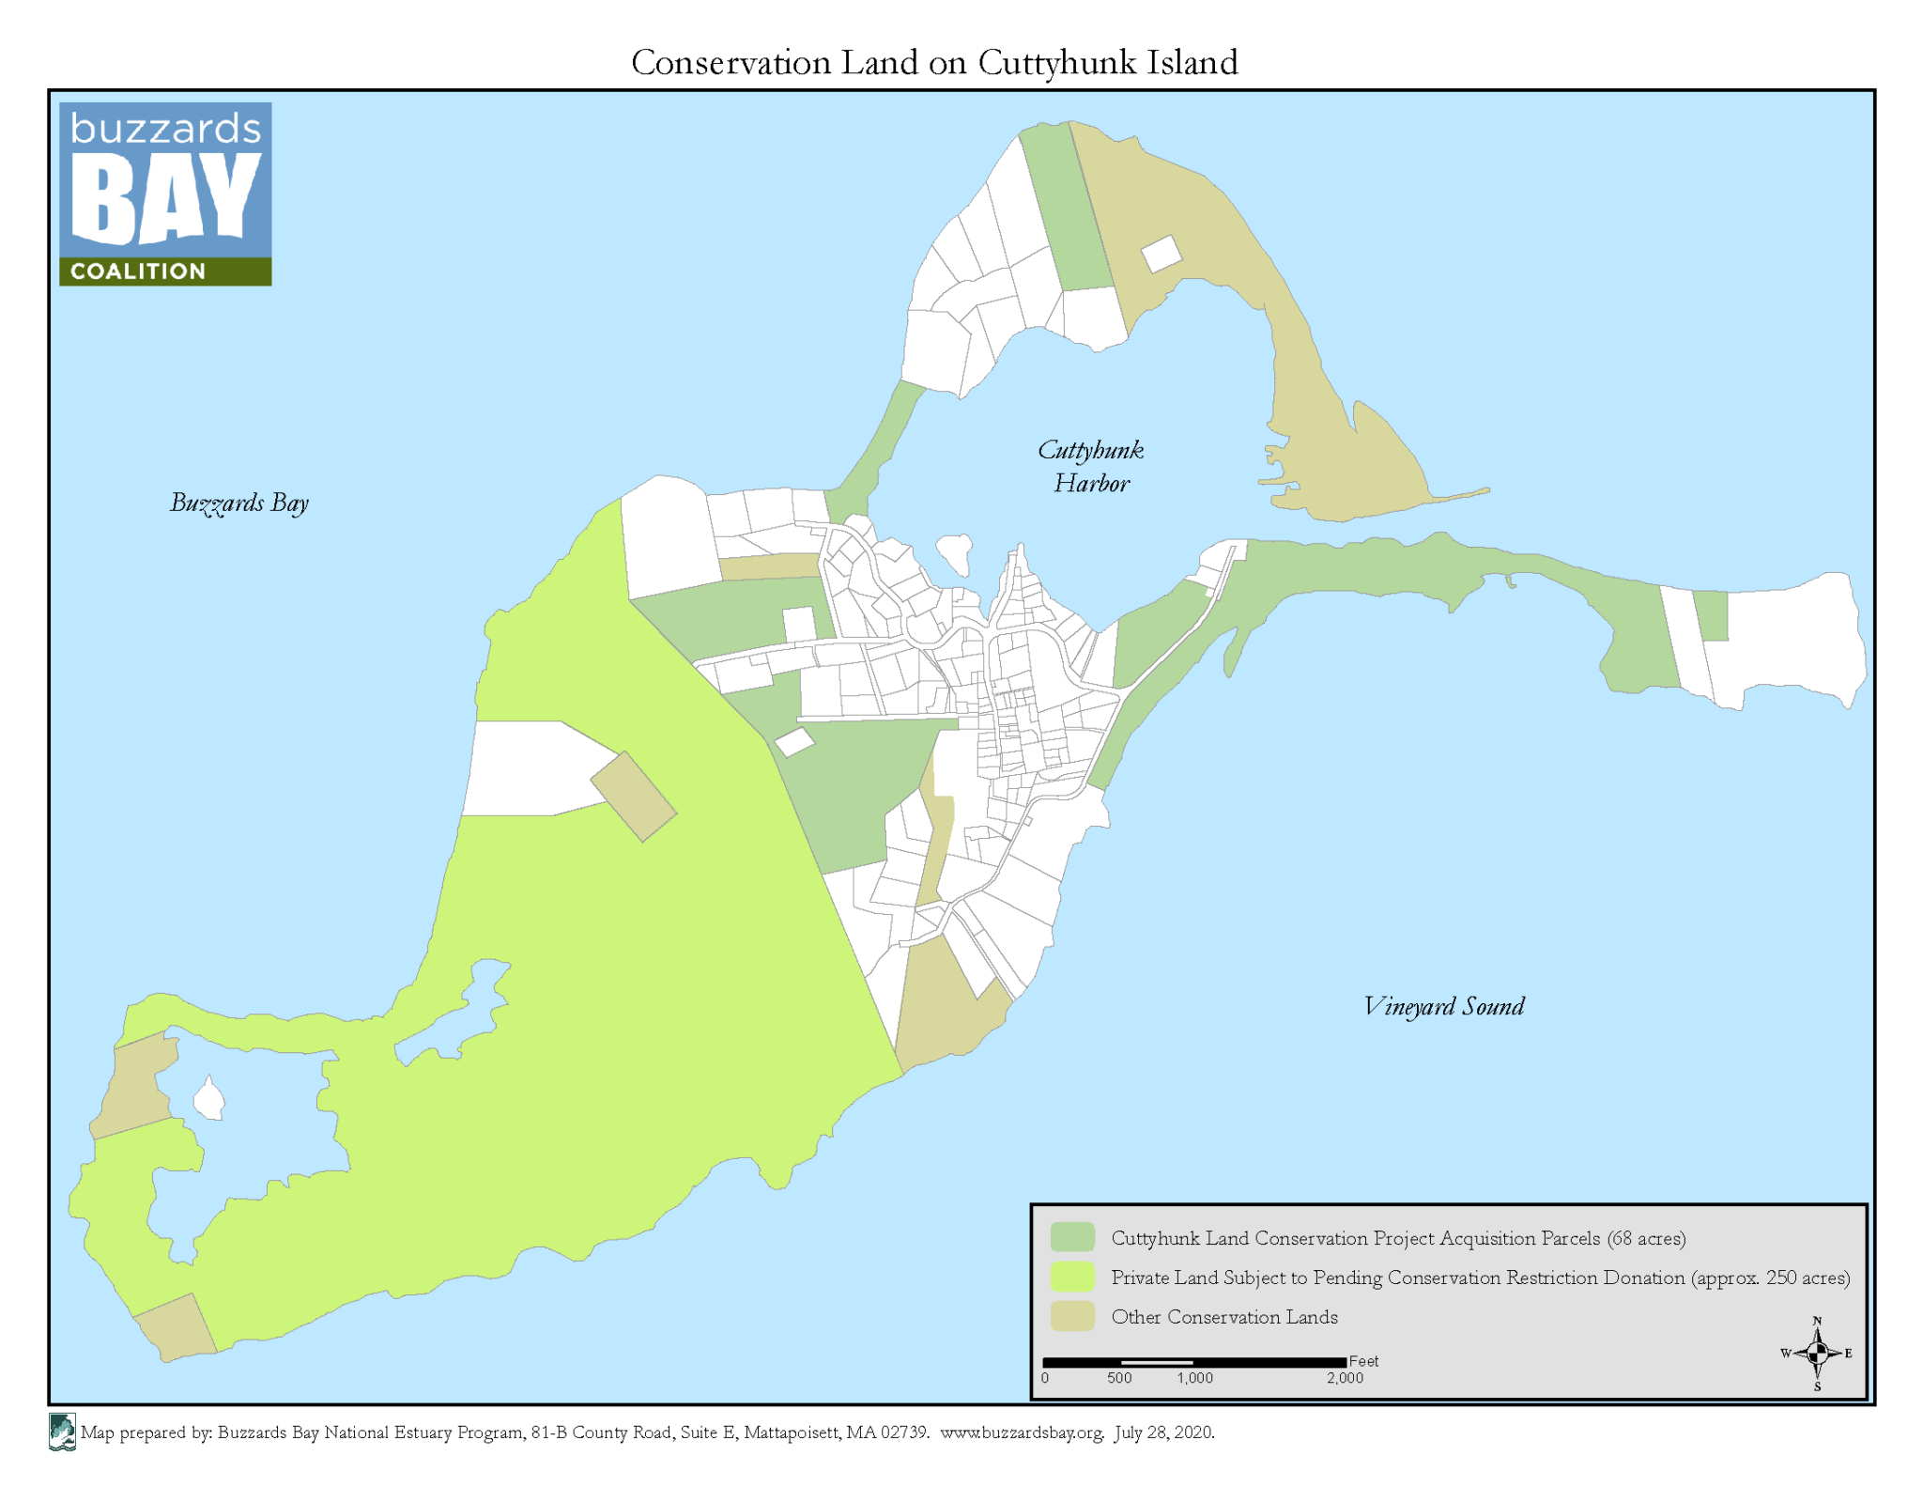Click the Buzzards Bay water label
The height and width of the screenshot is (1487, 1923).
pyautogui.click(x=238, y=503)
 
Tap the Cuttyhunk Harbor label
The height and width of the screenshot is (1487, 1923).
pyautogui.click(x=1090, y=467)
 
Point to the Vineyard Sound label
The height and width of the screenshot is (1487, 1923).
pyautogui.click(x=1443, y=1007)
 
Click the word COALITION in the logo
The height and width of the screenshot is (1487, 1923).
pyautogui.click(x=138, y=271)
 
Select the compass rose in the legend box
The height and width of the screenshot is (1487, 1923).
pyautogui.click(x=1816, y=1353)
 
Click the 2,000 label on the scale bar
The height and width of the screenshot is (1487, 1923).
pyautogui.click(x=1344, y=1378)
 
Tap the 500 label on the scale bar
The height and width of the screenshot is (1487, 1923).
pyautogui.click(x=1118, y=1378)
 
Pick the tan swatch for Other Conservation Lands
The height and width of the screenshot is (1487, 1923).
pyautogui.click(x=1072, y=1316)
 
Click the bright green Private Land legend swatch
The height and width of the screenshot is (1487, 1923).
pyautogui.click(x=1072, y=1277)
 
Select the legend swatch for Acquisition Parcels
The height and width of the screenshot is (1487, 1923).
pyautogui.click(x=1072, y=1237)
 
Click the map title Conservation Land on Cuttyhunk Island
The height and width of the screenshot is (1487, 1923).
pyautogui.click(x=933, y=63)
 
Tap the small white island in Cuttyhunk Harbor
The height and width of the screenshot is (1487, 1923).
pyautogui.click(x=955, y=551)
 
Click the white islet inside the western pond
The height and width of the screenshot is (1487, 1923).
pyautogui.click(x=208, y=1099)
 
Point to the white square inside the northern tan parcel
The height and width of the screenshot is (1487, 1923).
pyautogui.click(x=1161, y=254)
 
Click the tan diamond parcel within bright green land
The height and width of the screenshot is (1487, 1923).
pyautogui.click(x=633, y=796)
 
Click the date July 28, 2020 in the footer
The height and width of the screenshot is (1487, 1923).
pyautogui.click(x=1164, y=1433)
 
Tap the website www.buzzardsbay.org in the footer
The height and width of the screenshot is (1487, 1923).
pyautogui.click(x=1022, y=1433)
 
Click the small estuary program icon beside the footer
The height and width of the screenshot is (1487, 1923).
pyautogui.click(x=62, y=1433)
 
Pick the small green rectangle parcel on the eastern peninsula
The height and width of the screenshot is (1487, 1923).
pyautogui.click(x=1711, y=615)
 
